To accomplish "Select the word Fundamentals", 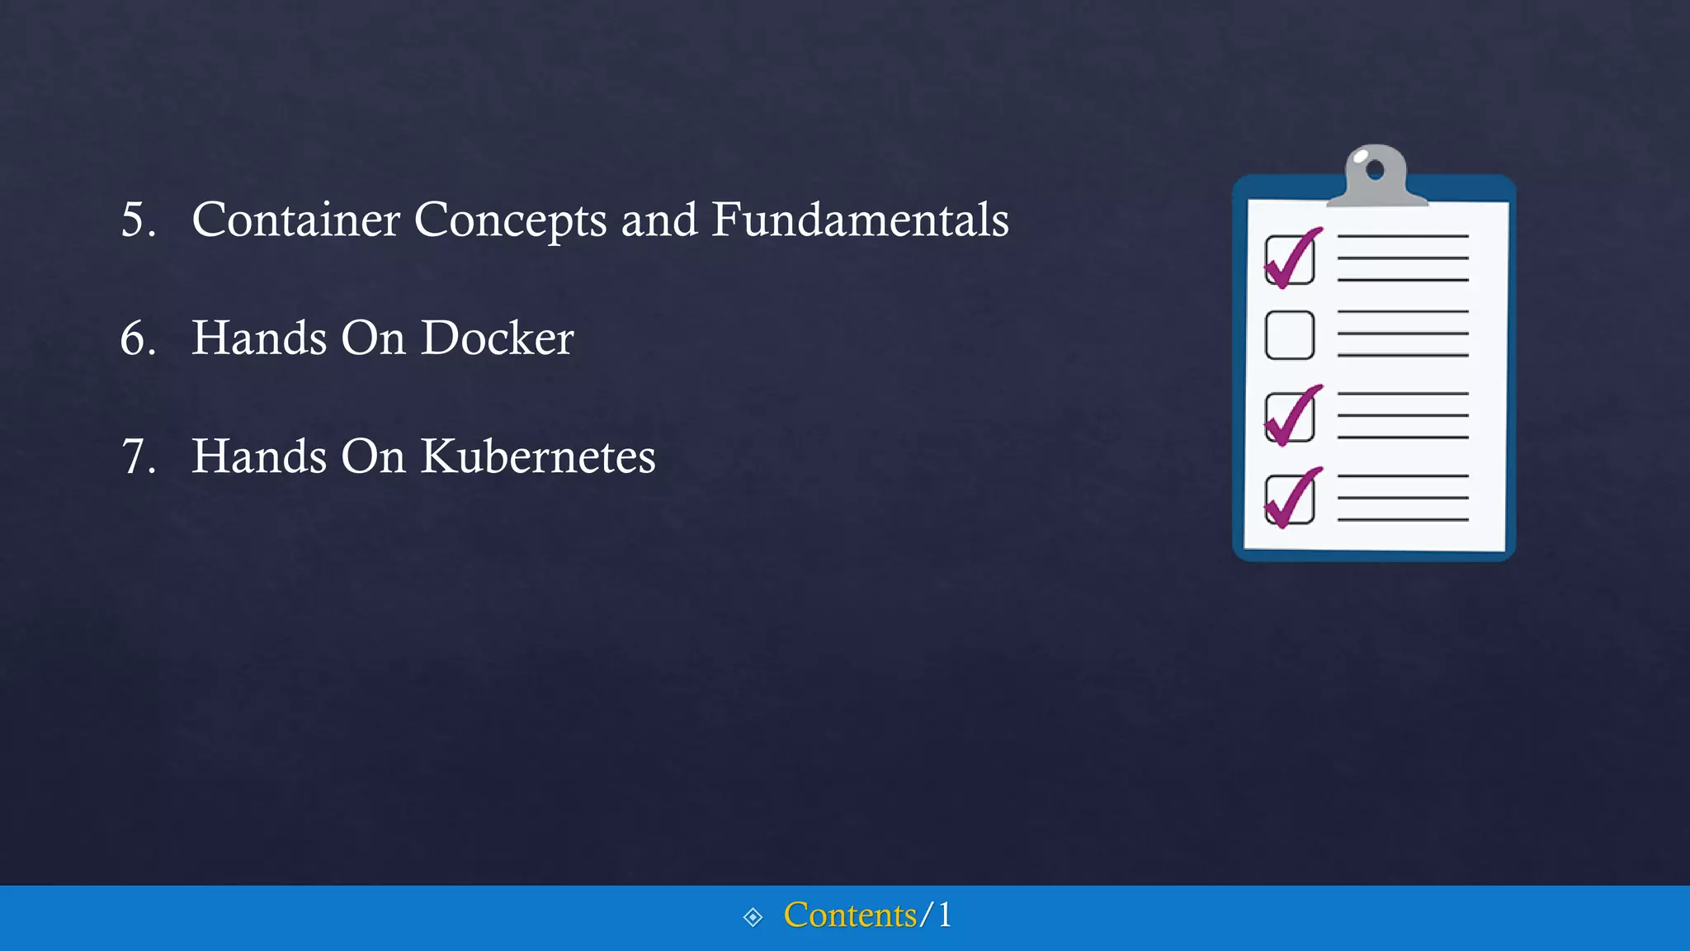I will [x=860, y=220].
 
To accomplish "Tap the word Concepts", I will [x=510, y=221].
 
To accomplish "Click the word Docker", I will [x=497, y=338].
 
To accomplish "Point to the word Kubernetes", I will [x=538, y=457].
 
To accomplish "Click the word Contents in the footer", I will [x=850, y=915].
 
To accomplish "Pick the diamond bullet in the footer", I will [x=753, y=917].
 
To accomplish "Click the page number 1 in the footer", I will [x=944, y=915].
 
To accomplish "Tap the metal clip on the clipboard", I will [x=1376, y=177].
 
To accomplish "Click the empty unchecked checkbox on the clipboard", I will [x=1289, y=335].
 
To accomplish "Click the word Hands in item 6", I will [x=259, y=338].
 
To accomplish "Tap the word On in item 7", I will [x=372, y=457].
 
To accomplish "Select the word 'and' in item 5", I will [x=659, y=220].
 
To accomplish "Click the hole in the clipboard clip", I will [x=1375, y=170].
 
